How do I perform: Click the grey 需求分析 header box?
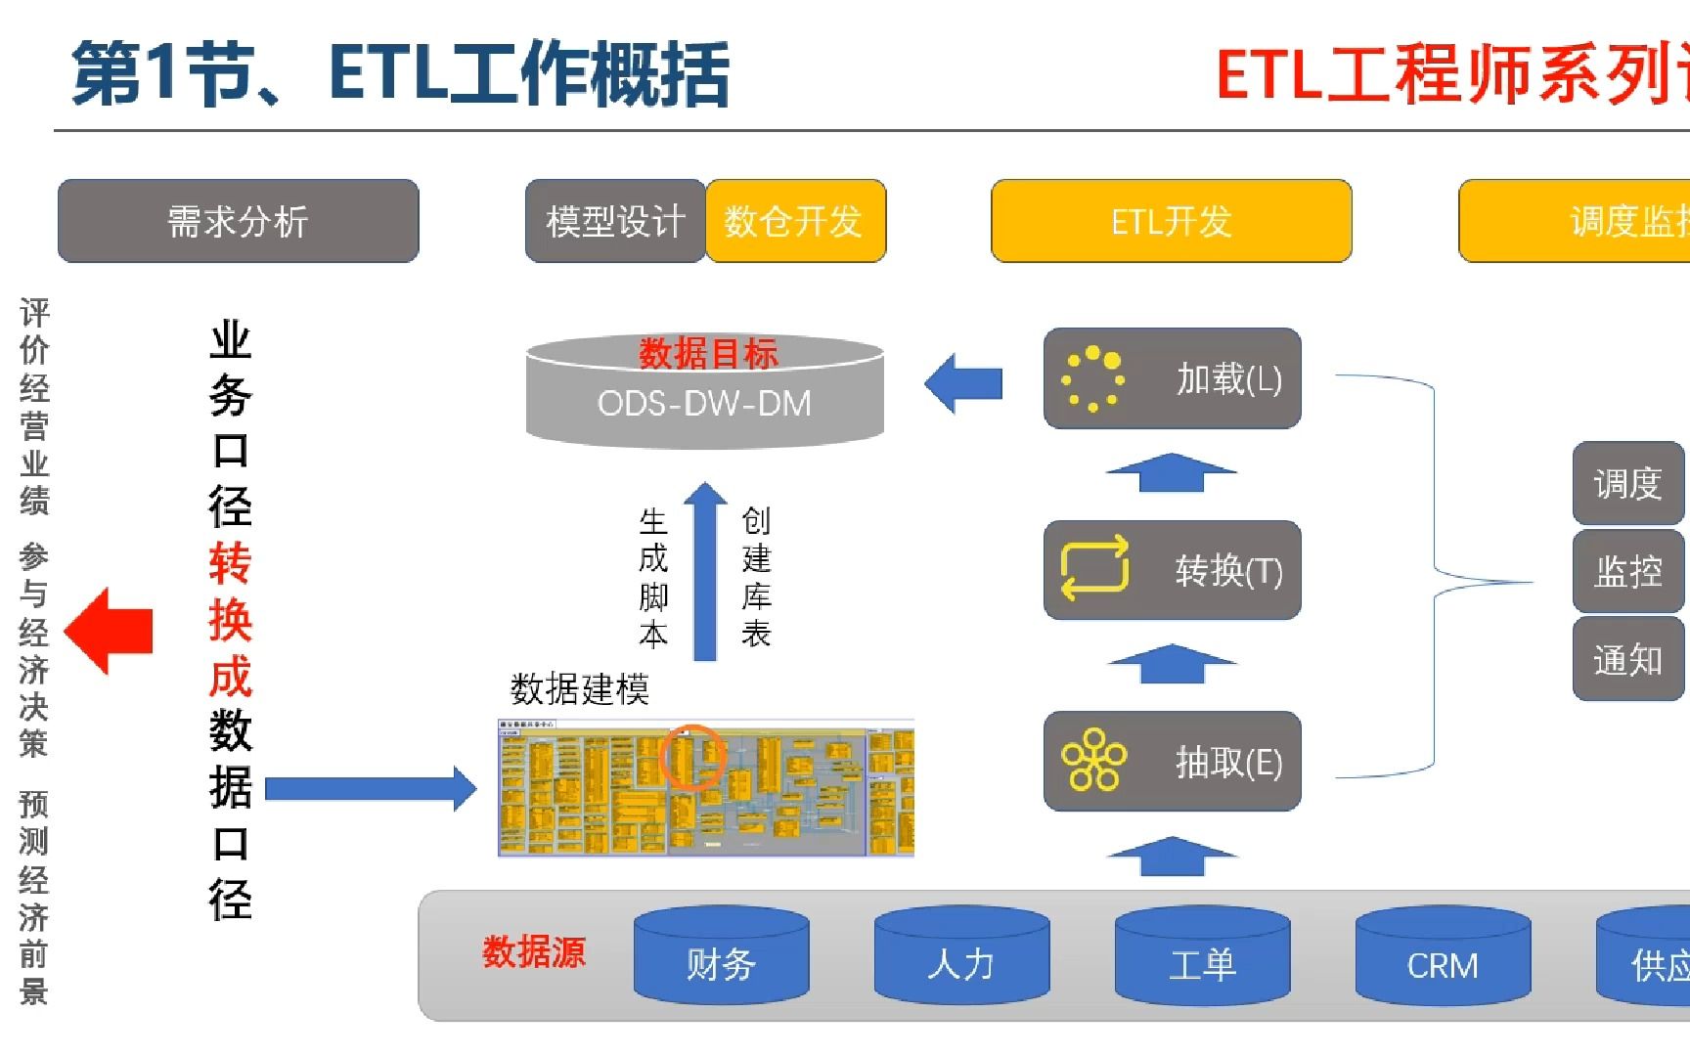click(238, 221)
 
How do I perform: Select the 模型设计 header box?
click(615, 221)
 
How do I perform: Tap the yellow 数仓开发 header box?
click(794, 221)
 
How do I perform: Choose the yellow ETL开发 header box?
click(1171, 221)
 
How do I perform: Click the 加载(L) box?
click(1172, 378)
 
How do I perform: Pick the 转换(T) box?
click(1172, 570)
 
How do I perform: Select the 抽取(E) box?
click(1172, 762)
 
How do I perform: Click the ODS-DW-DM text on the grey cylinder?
click(704, 403)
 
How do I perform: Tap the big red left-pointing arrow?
click(109, 631)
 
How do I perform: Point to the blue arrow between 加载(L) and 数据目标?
click(963, 383)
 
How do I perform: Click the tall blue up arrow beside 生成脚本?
click(704, 572)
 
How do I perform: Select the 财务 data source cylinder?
click(721, 958)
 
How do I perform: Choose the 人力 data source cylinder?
click(961, 958)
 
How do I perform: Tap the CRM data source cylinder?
click(1443, 958)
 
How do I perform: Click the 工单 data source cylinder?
click(1202, 958)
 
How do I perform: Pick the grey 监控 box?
click(1627, 571)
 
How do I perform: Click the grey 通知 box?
click(1627, 660)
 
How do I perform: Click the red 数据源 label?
click(533, 951)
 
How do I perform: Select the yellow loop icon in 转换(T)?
click(1094, 568)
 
